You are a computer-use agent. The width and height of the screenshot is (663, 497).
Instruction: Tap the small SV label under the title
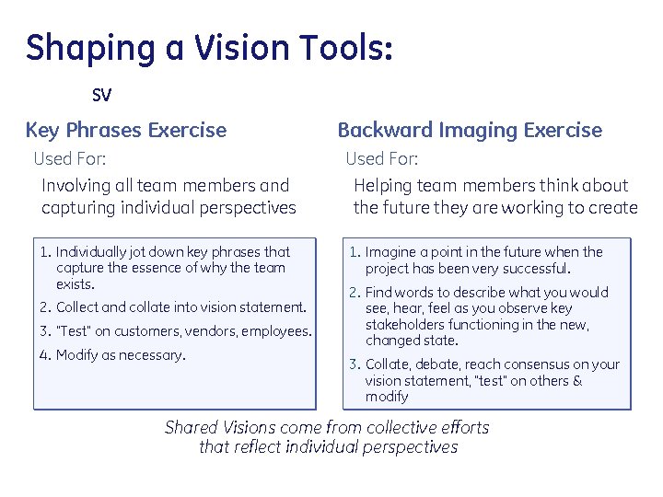pos(101,95)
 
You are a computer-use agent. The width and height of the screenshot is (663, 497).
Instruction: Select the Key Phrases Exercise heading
pos(126,130)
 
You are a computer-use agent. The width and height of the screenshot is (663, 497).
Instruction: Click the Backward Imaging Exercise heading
pos(470,130)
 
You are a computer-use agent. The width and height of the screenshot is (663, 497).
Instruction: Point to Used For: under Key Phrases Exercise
pos(70,158)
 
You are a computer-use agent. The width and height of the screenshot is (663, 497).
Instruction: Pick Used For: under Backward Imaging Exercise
pos(382,158)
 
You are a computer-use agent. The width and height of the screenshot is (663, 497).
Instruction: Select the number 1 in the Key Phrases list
pos(44,251)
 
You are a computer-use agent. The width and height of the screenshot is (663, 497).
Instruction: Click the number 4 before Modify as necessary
pos(44,354)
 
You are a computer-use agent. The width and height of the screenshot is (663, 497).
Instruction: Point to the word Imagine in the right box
pos(390,251)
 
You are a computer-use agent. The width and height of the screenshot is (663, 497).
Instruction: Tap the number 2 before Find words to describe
pos(354,293)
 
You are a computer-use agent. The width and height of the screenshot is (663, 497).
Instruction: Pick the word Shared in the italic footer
pos(191,427)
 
